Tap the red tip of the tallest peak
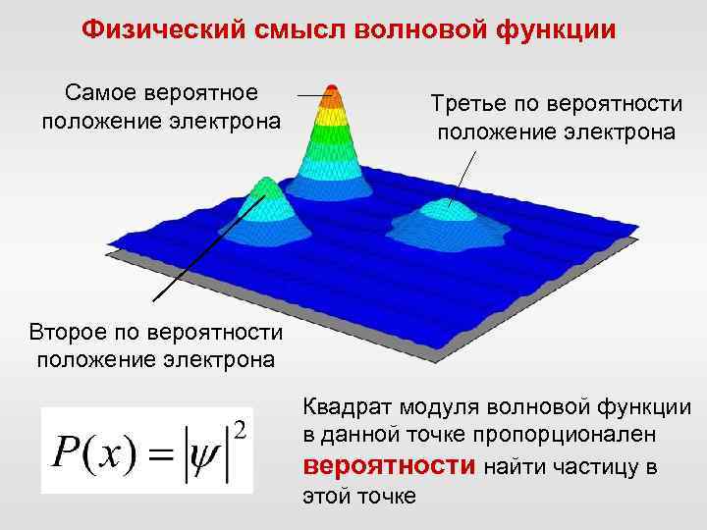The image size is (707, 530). coord(332,95)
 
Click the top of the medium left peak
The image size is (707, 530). coord(263,185)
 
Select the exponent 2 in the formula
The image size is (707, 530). coord(240,428)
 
